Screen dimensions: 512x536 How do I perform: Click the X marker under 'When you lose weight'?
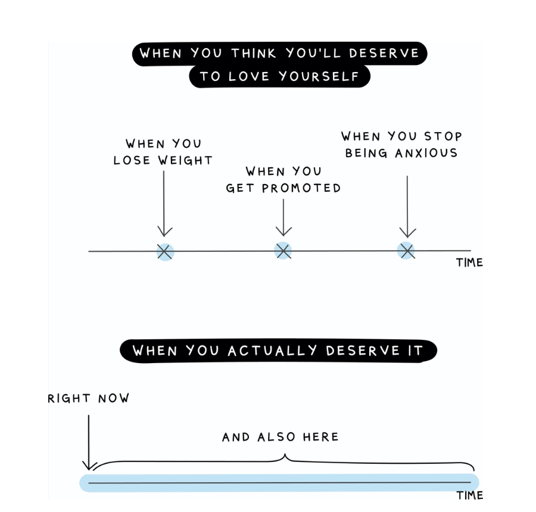point(166,251)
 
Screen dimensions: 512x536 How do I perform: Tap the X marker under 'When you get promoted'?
point(283,251)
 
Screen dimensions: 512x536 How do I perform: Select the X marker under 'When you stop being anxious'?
point(407,251)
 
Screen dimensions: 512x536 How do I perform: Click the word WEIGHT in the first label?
point(186,160)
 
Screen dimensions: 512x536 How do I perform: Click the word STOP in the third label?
point(441,136)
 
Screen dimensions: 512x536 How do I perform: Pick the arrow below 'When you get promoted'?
point(283,217)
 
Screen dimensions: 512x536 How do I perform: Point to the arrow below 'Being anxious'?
point(407,206)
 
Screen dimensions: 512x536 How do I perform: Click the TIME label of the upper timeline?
point(469,263)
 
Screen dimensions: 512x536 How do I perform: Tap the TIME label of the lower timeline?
point(469,495)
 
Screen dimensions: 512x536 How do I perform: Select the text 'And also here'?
point(280,437)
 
